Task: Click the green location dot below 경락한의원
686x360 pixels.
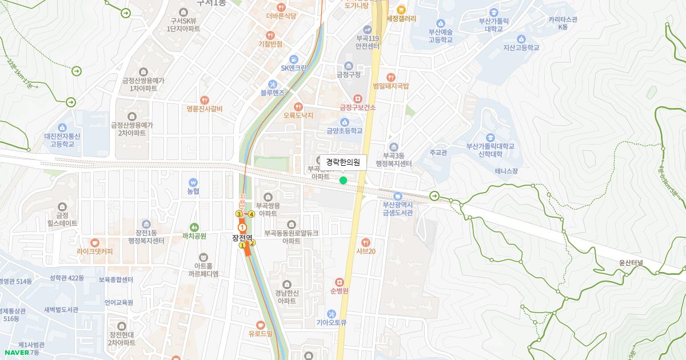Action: [x=343, y=181]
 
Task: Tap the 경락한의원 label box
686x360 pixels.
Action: [x=343, y=163]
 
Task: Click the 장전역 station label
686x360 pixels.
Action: [x=242, y=238]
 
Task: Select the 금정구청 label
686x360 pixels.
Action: [x=348, y=74]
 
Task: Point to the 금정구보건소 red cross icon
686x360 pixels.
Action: [x=358, y=98]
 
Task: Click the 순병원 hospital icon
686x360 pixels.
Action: [x=339, y=282]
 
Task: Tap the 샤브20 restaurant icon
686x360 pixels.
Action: [x=366, y=242]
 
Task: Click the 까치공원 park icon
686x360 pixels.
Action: [x=194, y=227]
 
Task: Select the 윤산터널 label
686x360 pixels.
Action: [x=631, y=263]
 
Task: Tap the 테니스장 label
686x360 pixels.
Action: [x=506, y=171]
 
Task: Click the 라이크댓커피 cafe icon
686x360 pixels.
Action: [x=95, y=242]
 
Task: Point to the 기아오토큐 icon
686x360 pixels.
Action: [x=332, y=314]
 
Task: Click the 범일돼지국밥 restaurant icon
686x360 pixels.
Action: [x=391, y=77]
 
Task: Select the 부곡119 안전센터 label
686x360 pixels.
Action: [x=368, y=42]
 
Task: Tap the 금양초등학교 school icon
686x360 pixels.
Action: [x=344, y=122]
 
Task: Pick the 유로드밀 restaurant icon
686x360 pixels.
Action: [x=261, y=325]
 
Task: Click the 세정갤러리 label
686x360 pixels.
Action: [x=401, y=18]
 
